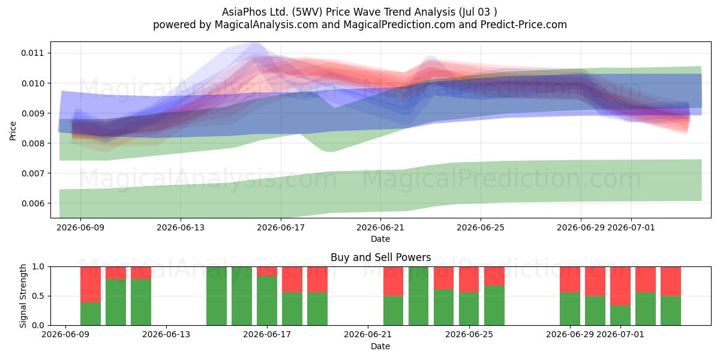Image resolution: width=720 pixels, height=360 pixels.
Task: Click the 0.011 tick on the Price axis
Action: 32,53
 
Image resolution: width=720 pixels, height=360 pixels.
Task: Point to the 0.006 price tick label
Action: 32,203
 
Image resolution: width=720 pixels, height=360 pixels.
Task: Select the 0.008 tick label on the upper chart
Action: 32,143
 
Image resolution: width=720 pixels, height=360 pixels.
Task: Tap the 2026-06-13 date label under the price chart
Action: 181,227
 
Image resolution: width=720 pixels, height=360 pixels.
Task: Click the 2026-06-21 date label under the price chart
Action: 380,227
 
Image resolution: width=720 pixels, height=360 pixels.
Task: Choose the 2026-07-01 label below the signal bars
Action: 620,335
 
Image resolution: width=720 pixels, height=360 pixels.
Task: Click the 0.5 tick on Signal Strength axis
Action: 38,296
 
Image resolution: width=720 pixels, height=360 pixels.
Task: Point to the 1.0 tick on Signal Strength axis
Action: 38,267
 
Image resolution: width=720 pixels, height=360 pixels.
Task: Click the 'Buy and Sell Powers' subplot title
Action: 380,257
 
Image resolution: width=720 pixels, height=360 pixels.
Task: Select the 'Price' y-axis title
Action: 13,131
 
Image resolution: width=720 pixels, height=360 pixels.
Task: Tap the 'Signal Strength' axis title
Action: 23,296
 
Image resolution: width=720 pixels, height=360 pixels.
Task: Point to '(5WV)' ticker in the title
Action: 307,12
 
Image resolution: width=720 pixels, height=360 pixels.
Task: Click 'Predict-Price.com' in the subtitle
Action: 524,25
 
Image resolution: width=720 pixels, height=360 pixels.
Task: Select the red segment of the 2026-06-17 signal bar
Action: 267,271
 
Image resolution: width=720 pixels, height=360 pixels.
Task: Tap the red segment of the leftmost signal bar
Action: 91,285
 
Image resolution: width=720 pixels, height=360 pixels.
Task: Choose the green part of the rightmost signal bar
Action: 671,311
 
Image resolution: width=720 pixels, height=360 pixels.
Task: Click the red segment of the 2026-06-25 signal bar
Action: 469,280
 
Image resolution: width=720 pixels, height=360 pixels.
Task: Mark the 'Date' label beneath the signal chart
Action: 380,347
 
